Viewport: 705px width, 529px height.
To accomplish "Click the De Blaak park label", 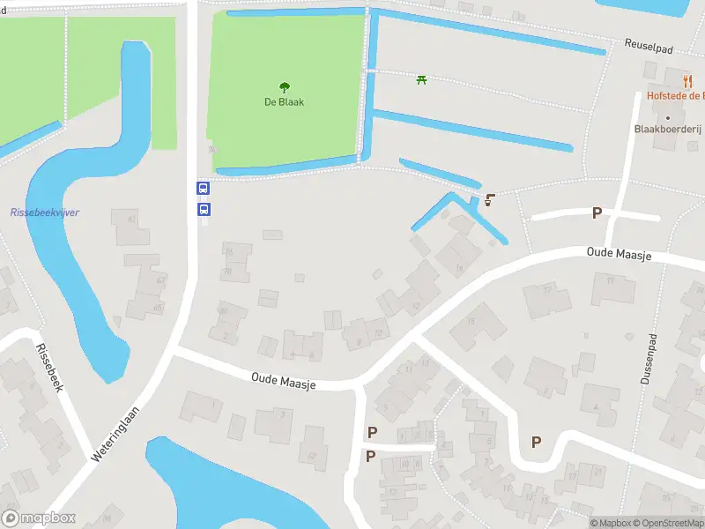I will tap(284, 101).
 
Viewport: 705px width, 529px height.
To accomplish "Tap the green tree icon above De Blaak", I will tap(284, 86).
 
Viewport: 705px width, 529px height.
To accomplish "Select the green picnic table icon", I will tap(422, 80).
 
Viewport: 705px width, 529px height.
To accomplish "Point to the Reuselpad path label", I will tap(649, 45).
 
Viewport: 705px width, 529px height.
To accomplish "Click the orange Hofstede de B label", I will tap(672, 95).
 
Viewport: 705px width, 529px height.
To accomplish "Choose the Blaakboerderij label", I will tap(667, 129).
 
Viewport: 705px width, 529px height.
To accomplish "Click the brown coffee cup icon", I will tap(489, 199).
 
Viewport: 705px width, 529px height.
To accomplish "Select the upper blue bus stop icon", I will tap(203, 188).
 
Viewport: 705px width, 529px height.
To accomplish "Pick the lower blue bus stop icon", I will tap(203, 209).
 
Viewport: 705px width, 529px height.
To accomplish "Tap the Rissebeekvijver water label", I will tap(44, 212).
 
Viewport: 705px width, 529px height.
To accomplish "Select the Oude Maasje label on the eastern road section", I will tap(619, 254).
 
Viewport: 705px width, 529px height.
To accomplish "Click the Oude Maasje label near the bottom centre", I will tap(283, 379).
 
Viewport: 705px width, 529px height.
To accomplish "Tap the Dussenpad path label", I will tap(643, 362).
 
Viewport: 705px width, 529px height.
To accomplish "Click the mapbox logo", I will tap(39, 518).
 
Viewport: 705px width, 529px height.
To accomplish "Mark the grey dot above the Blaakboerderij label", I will tap(668, 116).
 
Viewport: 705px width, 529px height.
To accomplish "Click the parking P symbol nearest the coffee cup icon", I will tap(597, 212).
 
